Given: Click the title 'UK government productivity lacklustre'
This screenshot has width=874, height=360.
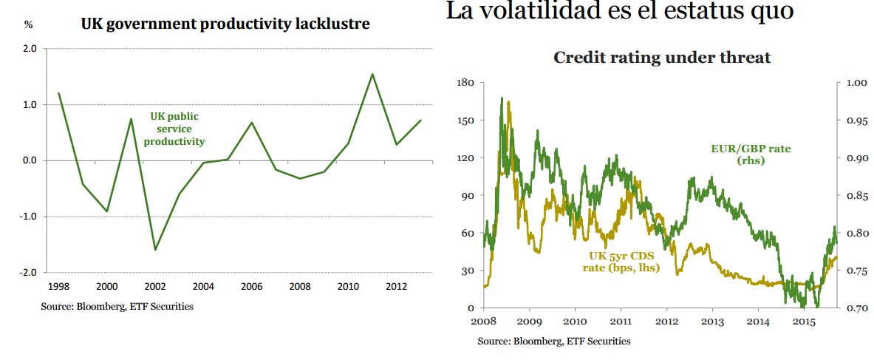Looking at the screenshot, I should tap(225, 24).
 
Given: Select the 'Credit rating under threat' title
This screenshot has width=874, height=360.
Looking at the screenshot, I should tap(662, 57).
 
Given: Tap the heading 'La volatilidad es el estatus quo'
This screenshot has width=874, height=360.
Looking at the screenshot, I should tap(620, 13).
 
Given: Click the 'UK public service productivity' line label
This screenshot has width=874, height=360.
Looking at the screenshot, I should tap(174, 129).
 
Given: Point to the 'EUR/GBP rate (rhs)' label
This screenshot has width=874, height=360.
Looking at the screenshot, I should tap(745, 154).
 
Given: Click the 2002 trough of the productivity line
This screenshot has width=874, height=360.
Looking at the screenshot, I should tap(155, 250).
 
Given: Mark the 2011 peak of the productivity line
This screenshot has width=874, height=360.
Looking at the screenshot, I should tap(372, 74).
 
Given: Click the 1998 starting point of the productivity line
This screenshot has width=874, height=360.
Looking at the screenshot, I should tap(59, 93).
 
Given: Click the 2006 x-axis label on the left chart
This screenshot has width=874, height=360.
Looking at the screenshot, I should tap(252, 287).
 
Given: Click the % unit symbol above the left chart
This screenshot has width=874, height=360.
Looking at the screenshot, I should tap(29, 24).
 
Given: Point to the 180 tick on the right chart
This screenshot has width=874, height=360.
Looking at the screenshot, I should tap(466, 82).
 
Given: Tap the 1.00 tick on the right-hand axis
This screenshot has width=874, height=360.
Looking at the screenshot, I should tap(856, 82).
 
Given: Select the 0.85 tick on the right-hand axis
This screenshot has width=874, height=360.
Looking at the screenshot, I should tap(856, 195).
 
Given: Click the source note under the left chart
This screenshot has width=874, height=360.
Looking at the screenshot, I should tap(117, 306).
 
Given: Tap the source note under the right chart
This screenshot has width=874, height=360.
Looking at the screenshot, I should tap(553, 341).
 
